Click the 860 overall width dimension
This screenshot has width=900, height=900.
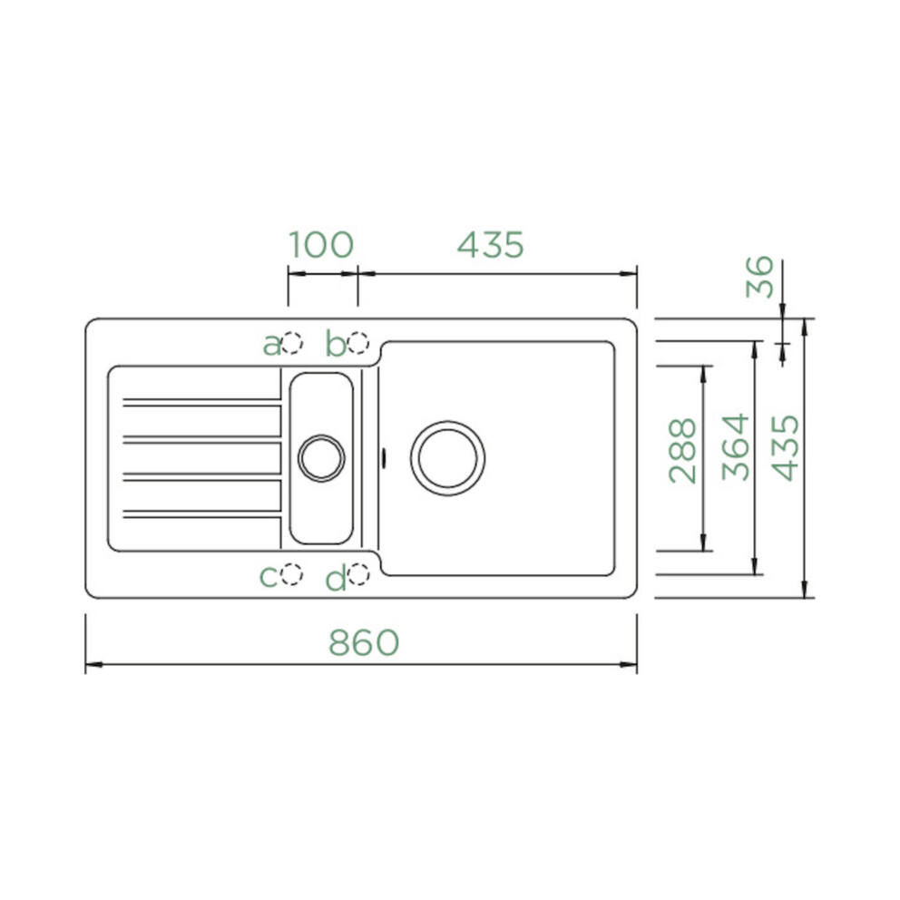point(364,642)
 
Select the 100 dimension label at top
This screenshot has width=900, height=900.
point(321,245)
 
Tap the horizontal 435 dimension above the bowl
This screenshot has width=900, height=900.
point(491,245)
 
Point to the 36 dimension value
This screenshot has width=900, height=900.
point(759,277)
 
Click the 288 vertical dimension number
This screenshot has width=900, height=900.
point(682,451)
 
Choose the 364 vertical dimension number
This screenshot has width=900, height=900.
point(736,447)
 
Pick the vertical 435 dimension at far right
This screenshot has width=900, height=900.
point(785,447)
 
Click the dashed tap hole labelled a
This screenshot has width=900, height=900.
point(291,343)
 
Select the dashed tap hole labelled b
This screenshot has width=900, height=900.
point(358,343)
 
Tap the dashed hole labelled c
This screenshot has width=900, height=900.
point(291,574)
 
